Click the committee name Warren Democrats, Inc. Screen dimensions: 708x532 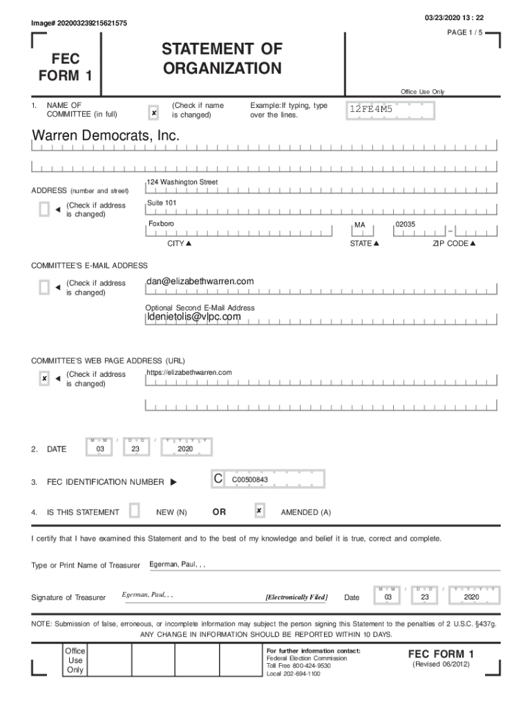click(x=106, y=137)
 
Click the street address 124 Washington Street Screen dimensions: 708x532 click(x=182, y=182)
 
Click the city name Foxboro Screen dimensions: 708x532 click(x=161, y=225)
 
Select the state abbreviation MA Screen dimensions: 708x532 click(x=359, y=225)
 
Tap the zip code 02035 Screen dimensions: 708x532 click(x=405, y=225)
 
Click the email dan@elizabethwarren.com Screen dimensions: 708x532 click(x=200, y=281)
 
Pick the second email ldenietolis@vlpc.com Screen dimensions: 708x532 click(x=193, y=317)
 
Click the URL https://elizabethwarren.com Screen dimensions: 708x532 click(x=189, y=373)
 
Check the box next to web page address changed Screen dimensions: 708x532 click(x=44, y=378)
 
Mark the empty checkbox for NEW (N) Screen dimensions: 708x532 click(x=135, y=511)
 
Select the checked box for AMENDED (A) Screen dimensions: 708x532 click(x=259, y=511)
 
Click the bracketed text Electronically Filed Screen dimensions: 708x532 click(x=296, y=597)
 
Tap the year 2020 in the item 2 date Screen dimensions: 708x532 click(x=184, y=449)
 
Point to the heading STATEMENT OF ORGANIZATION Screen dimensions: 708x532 click(x=222, y=59)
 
